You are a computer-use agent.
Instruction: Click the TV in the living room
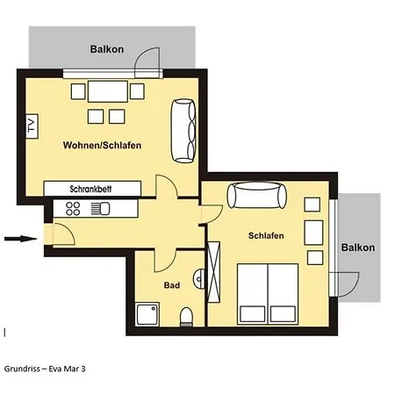pos(32,126)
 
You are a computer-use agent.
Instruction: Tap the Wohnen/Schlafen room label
pos(103,145)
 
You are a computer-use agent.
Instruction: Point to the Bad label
pos(172,286)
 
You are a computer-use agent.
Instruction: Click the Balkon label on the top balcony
pos(107,50)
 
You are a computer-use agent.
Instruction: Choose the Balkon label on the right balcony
pos(358,248)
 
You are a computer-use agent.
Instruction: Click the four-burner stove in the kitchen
pos(72,209)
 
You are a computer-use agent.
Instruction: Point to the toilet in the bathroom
pos(186,316)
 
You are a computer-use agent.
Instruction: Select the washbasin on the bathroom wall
pos(201,278)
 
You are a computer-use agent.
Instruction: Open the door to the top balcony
pos(147,64)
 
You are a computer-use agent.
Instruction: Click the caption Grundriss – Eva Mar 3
pos(45,369)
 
